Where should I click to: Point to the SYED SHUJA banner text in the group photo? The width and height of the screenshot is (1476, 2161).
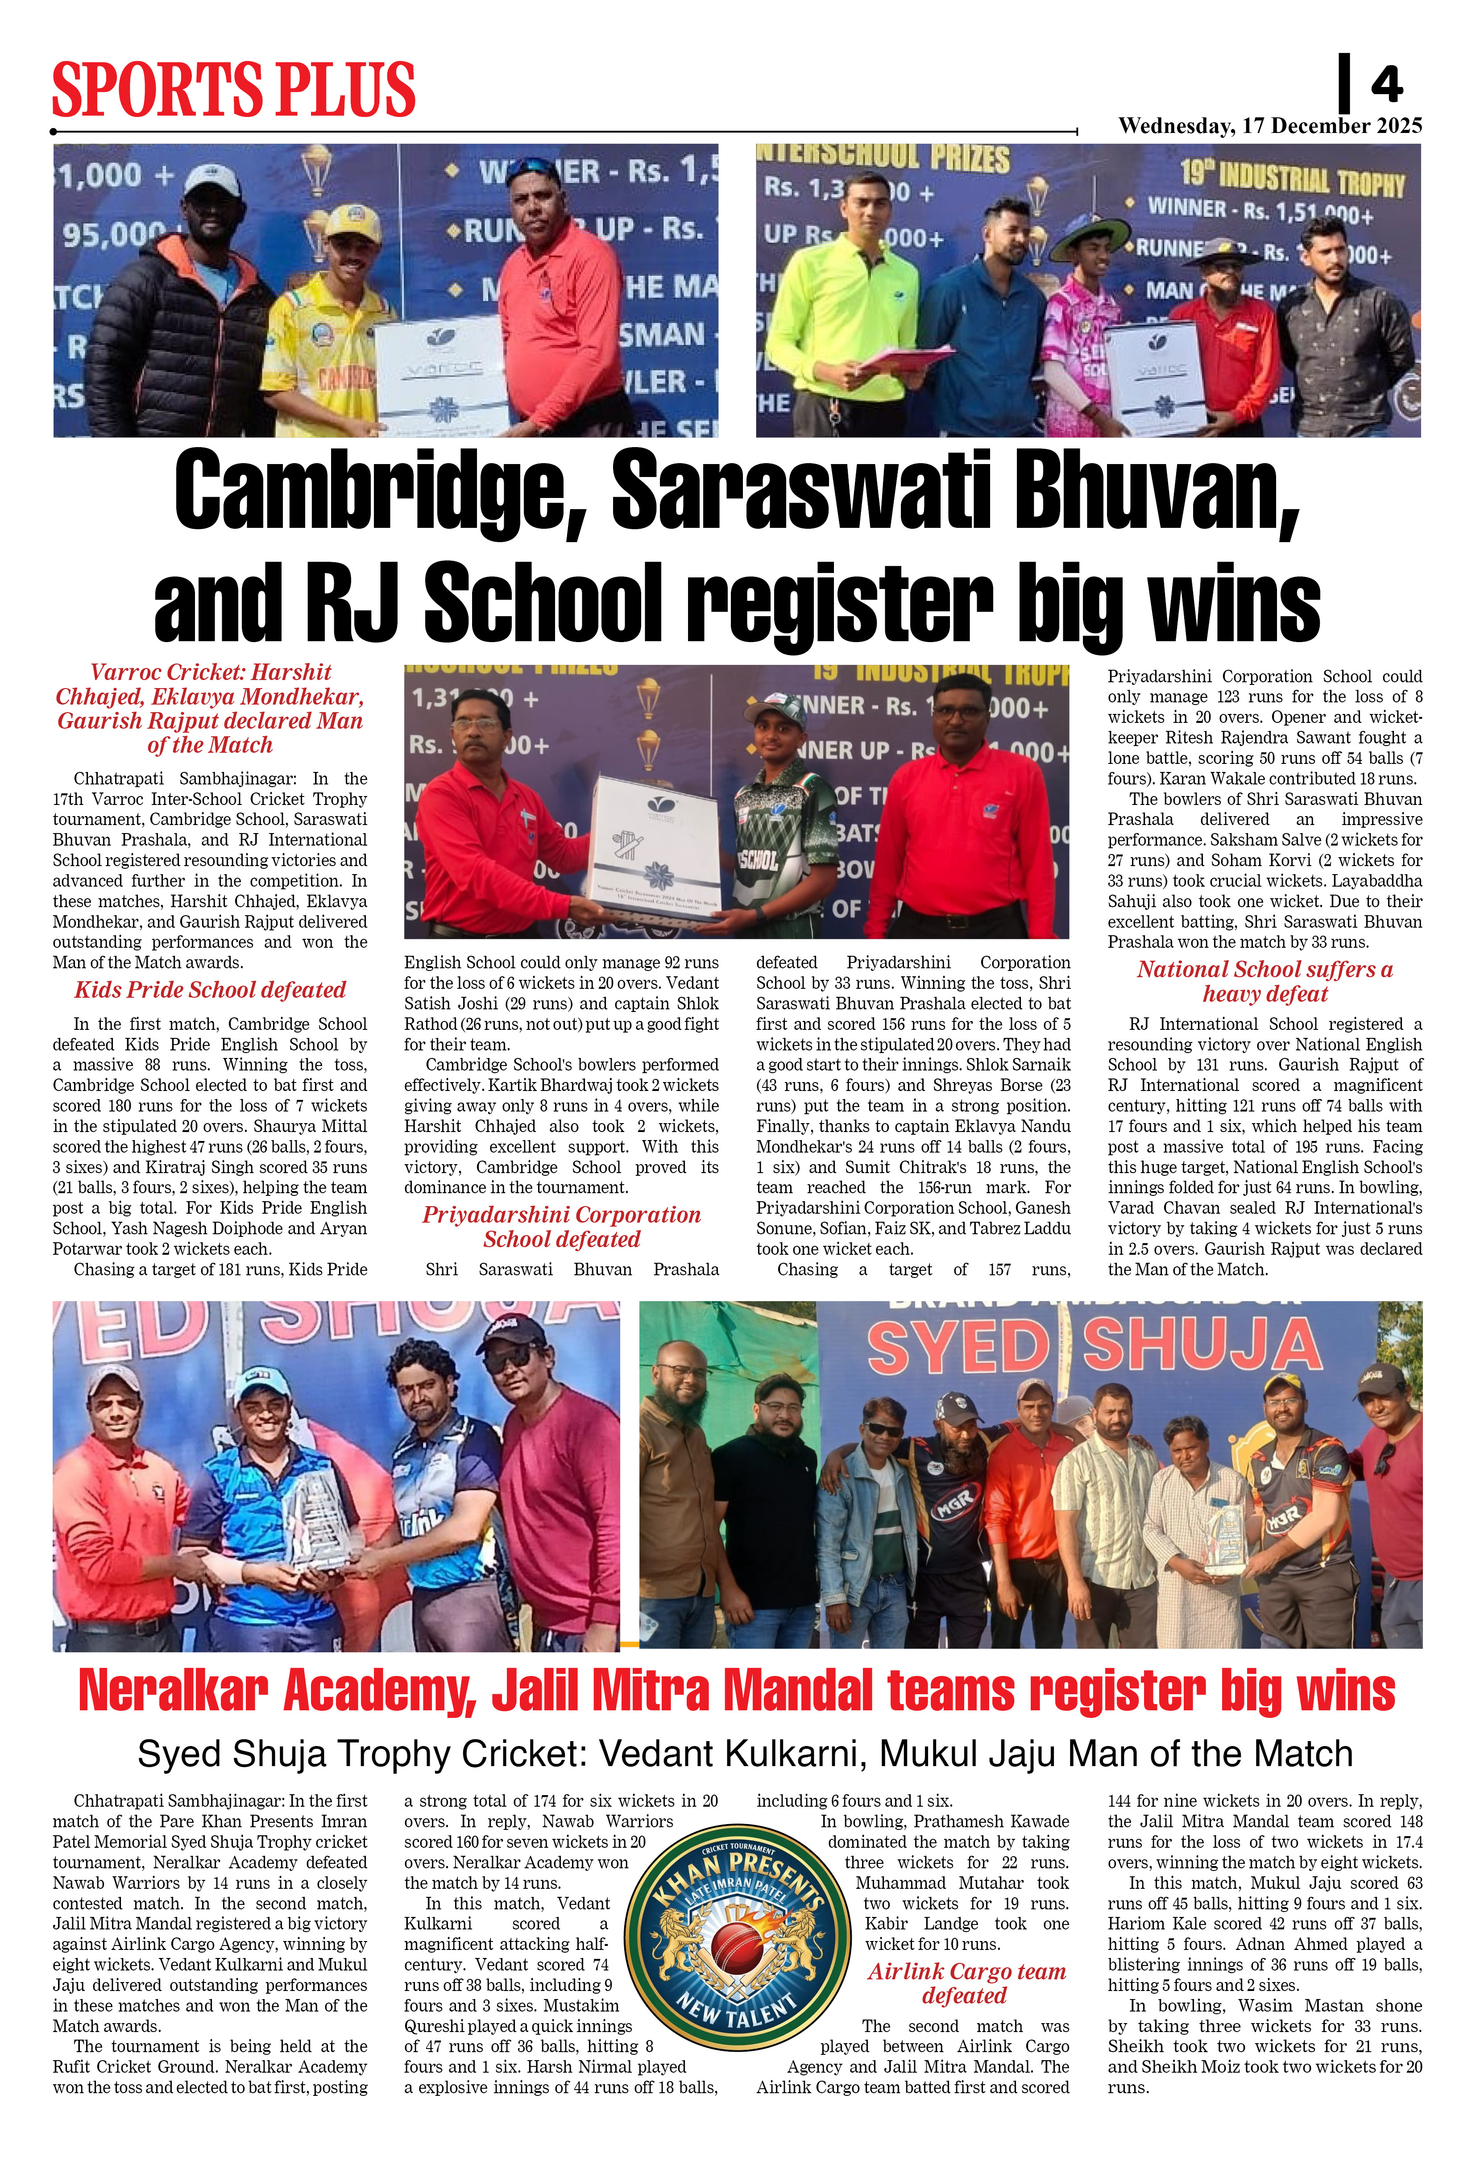pyautogui.click(x=1094, y=1346)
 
